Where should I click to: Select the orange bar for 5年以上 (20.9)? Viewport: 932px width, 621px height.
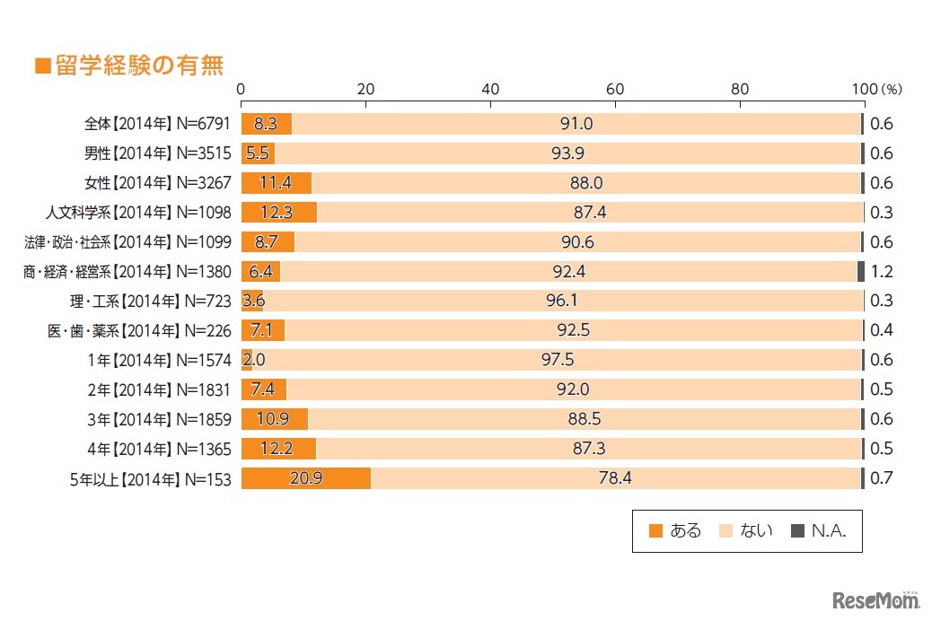pyautogui.click(x=305, y=478)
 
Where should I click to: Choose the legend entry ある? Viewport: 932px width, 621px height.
pyautogui.click(x=674, y=530)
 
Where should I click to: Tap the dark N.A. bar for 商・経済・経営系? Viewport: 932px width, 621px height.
pyautogui.click(x=861, y=271)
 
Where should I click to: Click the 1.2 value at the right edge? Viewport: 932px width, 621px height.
pyautogui.click(x=882, y=271)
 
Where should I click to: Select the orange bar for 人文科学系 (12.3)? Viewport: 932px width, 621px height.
pyautogui.click(x=278, y=212)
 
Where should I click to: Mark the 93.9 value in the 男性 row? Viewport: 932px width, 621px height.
pyautogui.click(x=567, y=153)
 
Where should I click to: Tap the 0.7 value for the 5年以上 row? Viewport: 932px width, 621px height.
pyautogui.click(x=882, y=478)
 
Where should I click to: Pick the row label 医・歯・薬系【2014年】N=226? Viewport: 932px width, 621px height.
pyautogui.click(x=139, y=330)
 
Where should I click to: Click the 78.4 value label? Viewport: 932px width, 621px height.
pyautogui.click(x=615, y=478)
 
